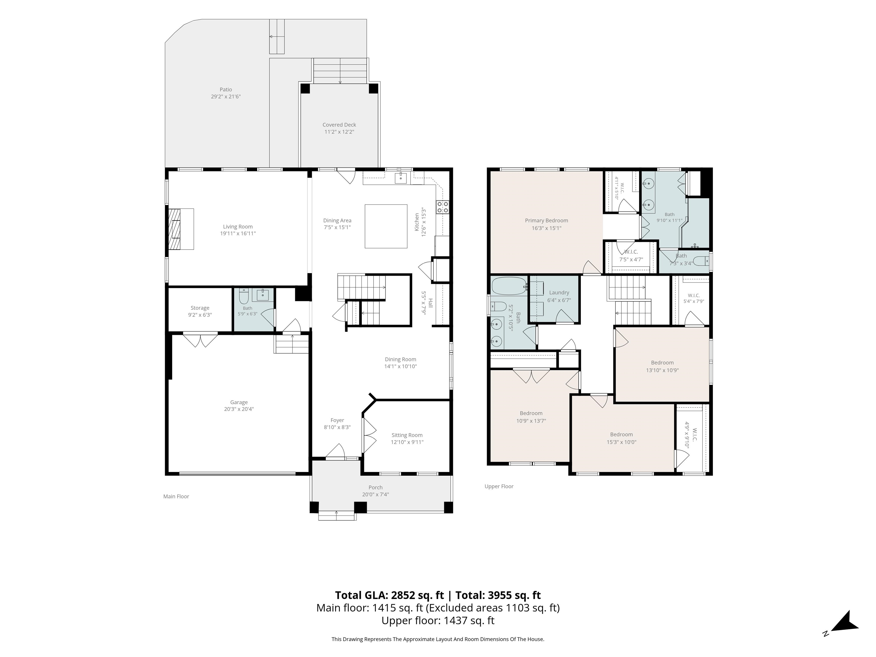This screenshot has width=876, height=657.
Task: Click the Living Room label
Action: point(238,226)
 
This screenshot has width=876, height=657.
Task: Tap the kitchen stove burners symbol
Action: point(443,207)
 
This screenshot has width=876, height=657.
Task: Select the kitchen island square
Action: point(386,226)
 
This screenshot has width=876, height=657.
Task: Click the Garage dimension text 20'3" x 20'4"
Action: point(239,409)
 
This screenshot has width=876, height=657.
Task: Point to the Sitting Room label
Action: point(407,435)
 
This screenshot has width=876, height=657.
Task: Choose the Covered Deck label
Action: point(339,125)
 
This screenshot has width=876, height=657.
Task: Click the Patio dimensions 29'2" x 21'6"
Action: point(226,96)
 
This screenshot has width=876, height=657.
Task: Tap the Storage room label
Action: point(200,308)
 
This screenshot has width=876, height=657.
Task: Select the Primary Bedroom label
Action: point(547,221)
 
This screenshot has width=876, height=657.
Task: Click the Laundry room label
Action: point(559,293)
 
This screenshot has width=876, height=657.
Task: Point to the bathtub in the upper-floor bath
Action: point(509,286)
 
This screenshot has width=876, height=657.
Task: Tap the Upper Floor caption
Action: point(499,486)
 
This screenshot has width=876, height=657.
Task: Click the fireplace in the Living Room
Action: point(181,229)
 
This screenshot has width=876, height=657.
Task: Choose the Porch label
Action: point(376,488)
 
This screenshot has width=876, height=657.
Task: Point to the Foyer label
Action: point(337,420)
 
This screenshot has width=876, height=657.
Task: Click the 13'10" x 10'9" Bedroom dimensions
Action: point(662,370)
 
